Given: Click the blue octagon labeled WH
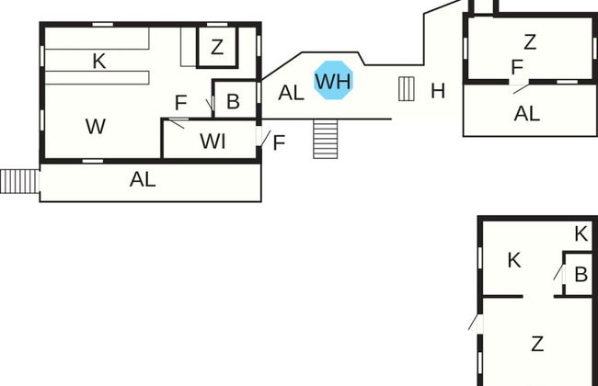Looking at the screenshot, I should [333, 81].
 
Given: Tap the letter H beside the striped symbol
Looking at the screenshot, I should [438, 90].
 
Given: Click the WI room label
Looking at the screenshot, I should [213, 142].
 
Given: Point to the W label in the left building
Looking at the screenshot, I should [95, 127].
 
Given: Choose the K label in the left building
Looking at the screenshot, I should [99, 62].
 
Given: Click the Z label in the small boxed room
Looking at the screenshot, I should [217, 48].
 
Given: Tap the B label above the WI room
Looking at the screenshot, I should [233, 101].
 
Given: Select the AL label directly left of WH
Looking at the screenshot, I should [291, 92].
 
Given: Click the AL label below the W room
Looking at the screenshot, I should [143, 180].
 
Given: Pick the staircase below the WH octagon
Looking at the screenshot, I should [327, 139].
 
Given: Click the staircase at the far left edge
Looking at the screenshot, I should [17, 181].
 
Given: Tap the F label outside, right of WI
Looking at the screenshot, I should [279, 142].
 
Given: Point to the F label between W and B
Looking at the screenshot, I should [180, 102].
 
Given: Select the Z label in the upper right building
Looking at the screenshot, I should [529, 41].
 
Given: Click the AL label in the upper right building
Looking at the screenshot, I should [527, 114].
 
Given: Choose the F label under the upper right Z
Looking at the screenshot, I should [517, 67].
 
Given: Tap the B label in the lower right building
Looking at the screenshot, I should [581, 274].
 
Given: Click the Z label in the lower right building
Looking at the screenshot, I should [537, 344].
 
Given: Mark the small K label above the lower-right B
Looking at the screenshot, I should [581, 233].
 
